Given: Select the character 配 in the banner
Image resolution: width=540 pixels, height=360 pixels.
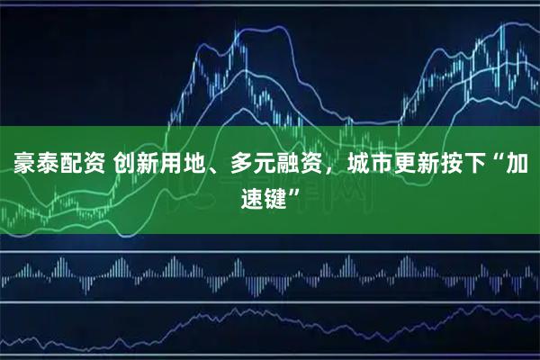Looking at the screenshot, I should (67, 166).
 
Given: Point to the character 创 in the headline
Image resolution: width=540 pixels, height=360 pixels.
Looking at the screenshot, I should (125, 166).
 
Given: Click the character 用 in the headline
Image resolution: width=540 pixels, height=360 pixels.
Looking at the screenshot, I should (172, 166).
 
